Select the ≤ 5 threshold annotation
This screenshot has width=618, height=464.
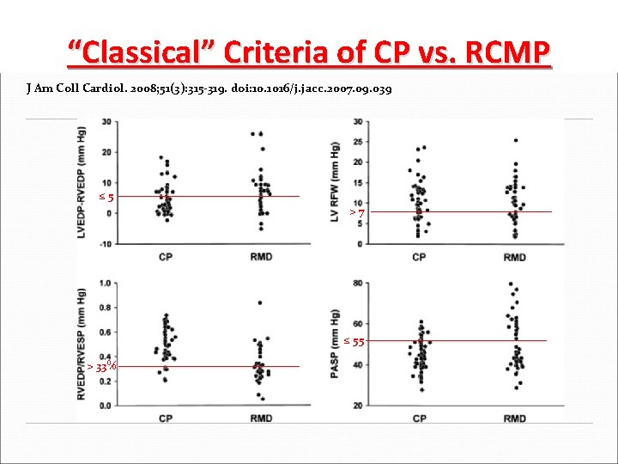(106, 198)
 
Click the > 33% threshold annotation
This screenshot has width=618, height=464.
(101, 367)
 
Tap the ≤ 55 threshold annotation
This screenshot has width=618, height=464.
(354, 341)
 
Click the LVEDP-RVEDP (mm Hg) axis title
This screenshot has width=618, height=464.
(86, 182)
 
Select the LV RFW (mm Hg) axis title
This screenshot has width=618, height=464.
(337, 182)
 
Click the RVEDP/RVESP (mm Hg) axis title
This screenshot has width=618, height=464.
(86, 344)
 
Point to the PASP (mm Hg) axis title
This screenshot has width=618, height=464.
(337, 344)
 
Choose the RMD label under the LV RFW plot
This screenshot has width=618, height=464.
(514, 257)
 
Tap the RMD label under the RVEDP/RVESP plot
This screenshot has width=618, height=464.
(261, 418)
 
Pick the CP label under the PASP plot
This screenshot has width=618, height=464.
(420, 418)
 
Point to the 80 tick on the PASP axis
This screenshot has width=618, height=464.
(356, 283)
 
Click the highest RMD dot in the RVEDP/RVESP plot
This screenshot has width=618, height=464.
(260, 302)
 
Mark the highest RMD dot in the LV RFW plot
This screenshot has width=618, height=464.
(515, 140)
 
